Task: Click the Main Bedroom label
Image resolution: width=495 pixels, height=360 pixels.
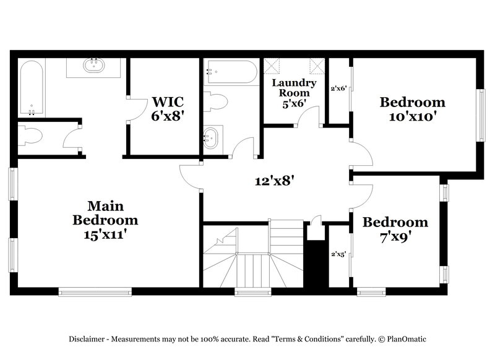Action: (105, 220)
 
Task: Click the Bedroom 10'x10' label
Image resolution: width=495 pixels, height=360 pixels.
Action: (412, 109)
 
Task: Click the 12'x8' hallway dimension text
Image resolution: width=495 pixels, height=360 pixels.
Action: (273, 181)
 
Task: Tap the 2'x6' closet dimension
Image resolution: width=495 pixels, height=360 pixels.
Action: (338, 88)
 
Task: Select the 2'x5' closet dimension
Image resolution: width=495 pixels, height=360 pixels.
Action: (338, 254)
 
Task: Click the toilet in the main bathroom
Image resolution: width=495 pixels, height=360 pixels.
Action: (29, 135)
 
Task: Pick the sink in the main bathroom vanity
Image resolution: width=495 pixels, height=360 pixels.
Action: (94, 66)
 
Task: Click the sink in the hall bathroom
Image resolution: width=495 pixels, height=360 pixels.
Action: (212, 137)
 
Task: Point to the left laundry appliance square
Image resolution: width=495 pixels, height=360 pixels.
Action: (272, 66)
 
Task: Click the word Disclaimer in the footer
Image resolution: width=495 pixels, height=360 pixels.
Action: (87, 338)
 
